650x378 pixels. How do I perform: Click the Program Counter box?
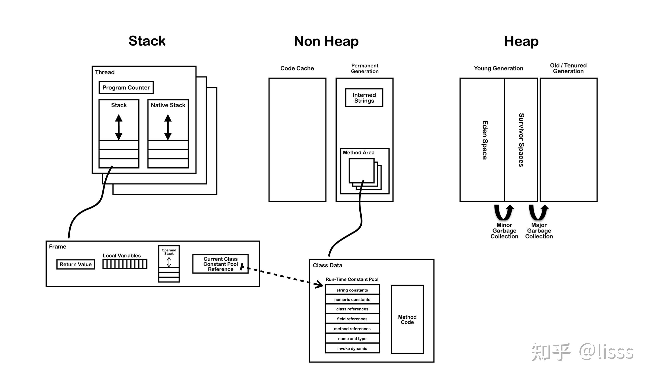(126, 87)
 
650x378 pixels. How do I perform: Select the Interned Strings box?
(364, 98)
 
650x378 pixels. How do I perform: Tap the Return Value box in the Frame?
(76, 264)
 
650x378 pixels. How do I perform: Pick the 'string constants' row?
(352, 290)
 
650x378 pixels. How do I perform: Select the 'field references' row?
(352, 319)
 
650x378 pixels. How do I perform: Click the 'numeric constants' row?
(352, 299)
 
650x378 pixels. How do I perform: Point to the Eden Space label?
(485, 140)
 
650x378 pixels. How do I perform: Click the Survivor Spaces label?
(521, 140)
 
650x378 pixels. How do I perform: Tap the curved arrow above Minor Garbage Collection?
(504, 212)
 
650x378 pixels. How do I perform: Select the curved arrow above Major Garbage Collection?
(538, 212)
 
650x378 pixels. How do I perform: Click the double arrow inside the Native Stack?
(168, 127)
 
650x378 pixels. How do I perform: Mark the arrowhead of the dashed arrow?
(319, 284)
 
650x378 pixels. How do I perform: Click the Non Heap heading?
(326, 41)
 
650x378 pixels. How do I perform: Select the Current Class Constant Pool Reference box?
(220, 264)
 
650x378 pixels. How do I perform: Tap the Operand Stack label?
(169, 252)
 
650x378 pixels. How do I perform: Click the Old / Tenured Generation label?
(568, 68)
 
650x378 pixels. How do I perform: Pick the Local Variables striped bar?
(125, 264)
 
